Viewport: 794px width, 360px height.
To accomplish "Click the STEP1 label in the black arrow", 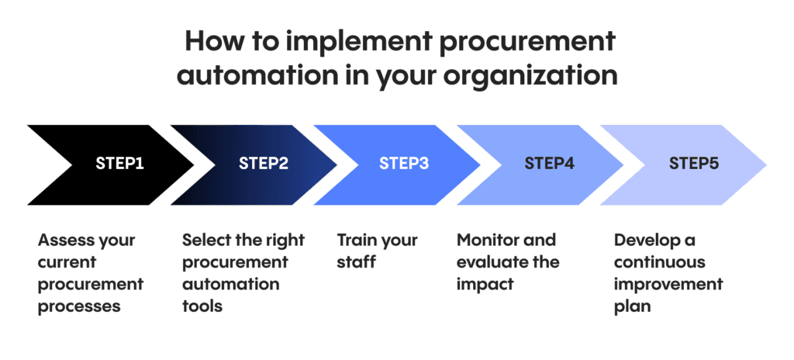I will click(x=119, y=164).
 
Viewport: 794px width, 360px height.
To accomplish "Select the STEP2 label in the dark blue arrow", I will click(x=263, y=164).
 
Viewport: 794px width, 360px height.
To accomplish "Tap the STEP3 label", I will click(x=404, y=164).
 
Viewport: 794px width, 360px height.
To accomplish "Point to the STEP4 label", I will click(x=549, y=164).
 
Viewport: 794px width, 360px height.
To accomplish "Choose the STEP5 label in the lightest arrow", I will click(x=693, y=164).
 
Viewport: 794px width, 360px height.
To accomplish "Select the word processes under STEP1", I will click(x=79, y=306).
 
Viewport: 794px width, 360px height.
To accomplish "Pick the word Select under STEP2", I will click(x=205, y=240).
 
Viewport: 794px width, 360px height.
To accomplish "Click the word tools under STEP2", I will click(x=202, y=306).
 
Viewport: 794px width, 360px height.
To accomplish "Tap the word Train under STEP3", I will click(x=356, y=240).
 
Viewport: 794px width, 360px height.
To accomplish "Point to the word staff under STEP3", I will click(x=356, y=261).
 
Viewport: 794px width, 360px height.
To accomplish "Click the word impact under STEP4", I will click(x=485, y=284).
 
